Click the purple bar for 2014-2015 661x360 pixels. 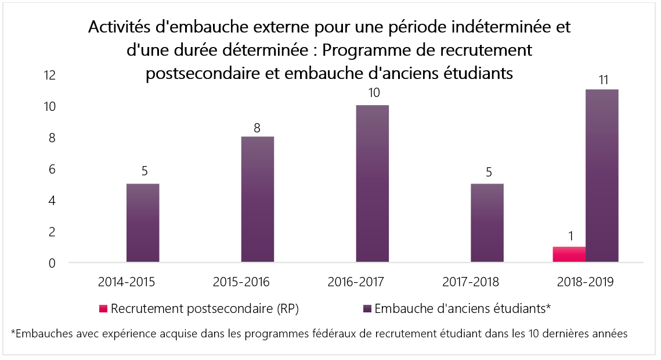point(143,223)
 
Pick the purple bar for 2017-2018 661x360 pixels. point(487,223)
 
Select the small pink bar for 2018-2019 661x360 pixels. point(569,254)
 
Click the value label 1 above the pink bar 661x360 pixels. point(570,237)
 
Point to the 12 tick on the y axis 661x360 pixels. point(49,75)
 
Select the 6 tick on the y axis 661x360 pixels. point(52,170)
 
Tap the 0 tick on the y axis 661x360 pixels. point(52,264)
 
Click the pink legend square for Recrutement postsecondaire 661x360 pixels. point(103,309)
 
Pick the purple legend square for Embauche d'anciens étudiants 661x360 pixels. point(367,309)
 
